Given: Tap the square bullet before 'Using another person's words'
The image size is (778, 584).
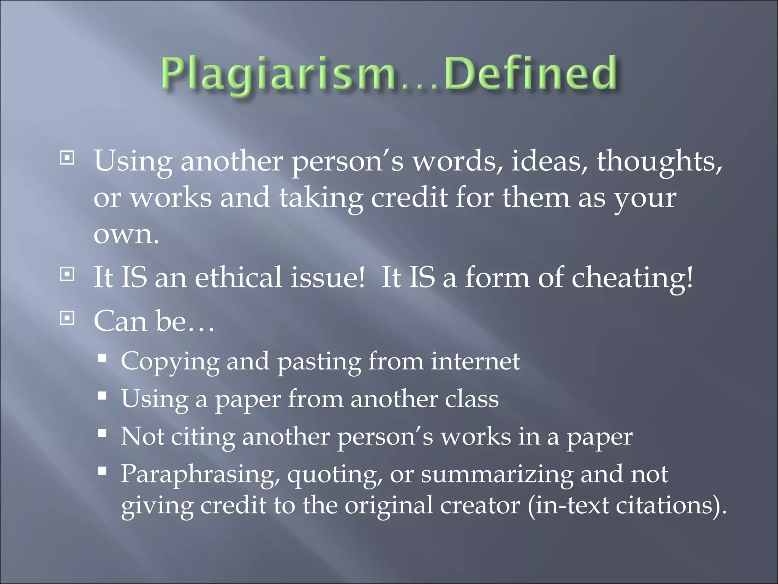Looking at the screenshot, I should (x=67, y=158).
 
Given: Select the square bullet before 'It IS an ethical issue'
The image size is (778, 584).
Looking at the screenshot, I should (x=67, y=274).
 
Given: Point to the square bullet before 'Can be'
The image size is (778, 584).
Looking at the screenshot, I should (x=67, y=318).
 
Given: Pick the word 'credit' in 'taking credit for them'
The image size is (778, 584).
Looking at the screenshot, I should (x=409, y=198).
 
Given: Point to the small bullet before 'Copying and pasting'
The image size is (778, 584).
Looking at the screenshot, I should (x=102, y=358).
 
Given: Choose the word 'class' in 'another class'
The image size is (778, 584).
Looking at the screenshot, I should (x=471, y=399).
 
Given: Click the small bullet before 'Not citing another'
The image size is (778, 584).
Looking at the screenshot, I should (x=102, y=433).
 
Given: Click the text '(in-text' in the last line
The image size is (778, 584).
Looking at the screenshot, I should (x=568, y=506).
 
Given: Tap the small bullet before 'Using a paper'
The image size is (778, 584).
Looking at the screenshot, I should (x=102, y=396).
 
